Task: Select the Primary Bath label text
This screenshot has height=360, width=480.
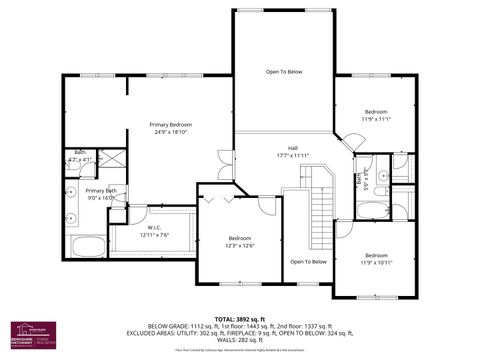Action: [x=101, y=190]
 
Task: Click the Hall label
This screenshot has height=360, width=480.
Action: [x=293, y=148]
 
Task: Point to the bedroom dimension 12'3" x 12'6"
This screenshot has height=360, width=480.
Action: [x=240, y=245]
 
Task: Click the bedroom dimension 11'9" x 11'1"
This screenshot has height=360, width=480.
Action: [x=376, y=118]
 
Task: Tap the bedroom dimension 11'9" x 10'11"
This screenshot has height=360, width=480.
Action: [x=376, y=262]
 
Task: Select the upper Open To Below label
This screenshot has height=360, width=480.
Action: [x=283, y=72]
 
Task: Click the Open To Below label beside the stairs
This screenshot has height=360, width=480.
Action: [x=308, y=262]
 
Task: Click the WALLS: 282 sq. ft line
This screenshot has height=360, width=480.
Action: [x=240, y=339]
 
